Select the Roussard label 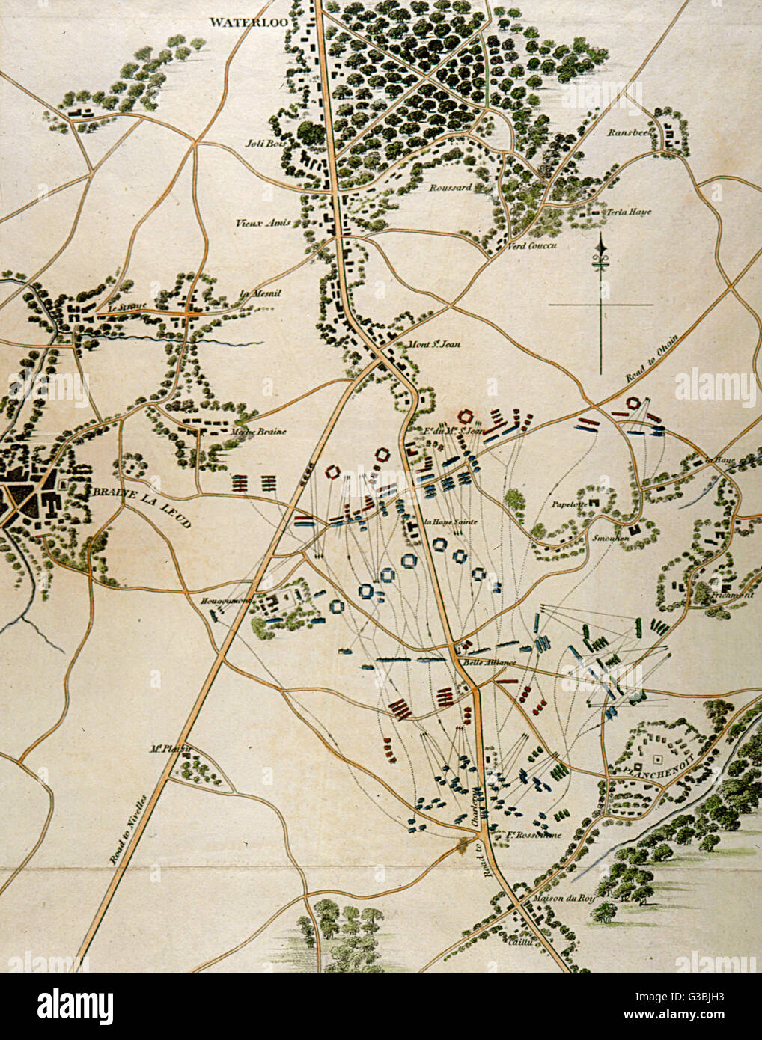pos(450,187)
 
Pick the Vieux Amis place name pos(257,223)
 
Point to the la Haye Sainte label pos(451,522)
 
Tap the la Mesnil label pos(260,293)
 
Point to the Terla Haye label pos(629,212)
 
